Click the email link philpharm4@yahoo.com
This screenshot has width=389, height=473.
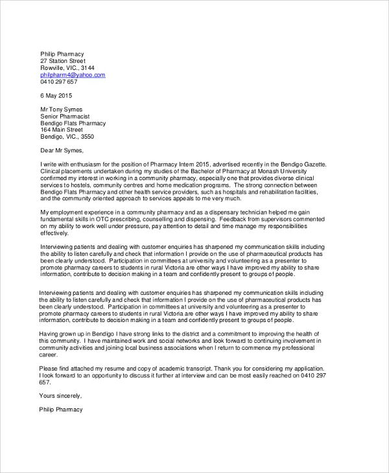73,75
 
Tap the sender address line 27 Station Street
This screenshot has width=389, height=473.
63,61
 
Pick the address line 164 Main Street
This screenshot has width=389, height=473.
63,130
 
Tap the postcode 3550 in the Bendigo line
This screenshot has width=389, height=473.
86,137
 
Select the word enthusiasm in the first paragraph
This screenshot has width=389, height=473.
93,165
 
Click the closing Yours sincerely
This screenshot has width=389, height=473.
61,396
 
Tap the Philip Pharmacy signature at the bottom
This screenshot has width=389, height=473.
62,410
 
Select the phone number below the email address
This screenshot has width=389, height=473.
58,82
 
